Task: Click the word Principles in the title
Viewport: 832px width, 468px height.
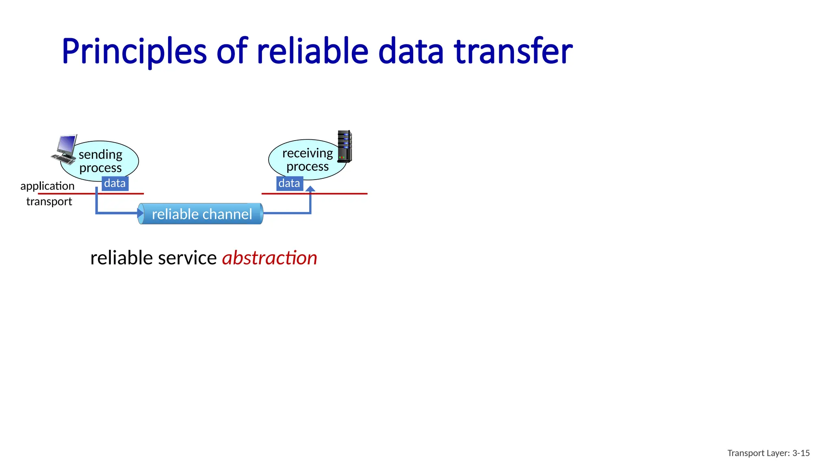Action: (134, 52)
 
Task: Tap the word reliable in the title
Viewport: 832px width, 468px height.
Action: (312, 52)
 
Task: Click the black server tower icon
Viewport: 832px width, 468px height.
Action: (344, 146)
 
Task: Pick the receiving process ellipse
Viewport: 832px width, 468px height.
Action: (307, 160)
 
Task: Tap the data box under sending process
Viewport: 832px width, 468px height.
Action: (115, 184)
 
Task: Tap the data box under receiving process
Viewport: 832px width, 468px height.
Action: (289, 184)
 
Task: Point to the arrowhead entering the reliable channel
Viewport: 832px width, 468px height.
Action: (140, 213)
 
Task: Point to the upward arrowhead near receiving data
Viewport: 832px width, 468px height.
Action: (310, 189)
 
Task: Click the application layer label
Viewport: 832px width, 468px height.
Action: (48, 186)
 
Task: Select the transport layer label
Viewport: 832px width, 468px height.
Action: (49, 201)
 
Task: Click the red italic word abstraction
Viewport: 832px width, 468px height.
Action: (269, 258)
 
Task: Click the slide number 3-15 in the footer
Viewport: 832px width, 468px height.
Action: (801, 453)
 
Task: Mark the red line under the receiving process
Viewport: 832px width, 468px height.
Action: (341, 194)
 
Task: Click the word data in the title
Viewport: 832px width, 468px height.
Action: (411, 52)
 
